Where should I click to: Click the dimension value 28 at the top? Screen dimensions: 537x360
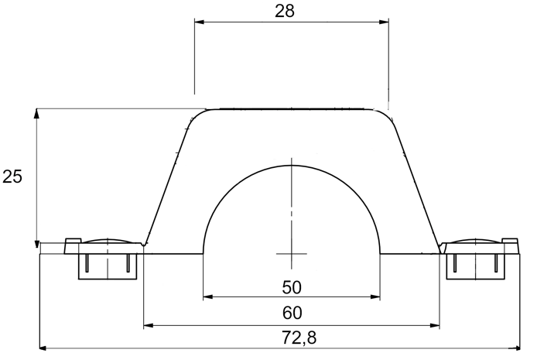[285, 11]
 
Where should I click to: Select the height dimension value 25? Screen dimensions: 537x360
[12, 177]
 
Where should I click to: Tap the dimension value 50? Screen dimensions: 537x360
[292, 287]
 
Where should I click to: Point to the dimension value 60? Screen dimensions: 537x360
[292, 313]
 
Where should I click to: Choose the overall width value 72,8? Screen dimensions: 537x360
[299, 338]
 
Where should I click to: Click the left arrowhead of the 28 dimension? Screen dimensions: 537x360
[200, 22]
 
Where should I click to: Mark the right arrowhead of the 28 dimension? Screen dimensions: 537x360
[384, 22]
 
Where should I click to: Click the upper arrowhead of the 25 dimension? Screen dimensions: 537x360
[36, 114]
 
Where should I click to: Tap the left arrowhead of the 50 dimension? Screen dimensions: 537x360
[208, 297]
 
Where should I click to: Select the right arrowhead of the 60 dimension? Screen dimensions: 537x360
[435, 325]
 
